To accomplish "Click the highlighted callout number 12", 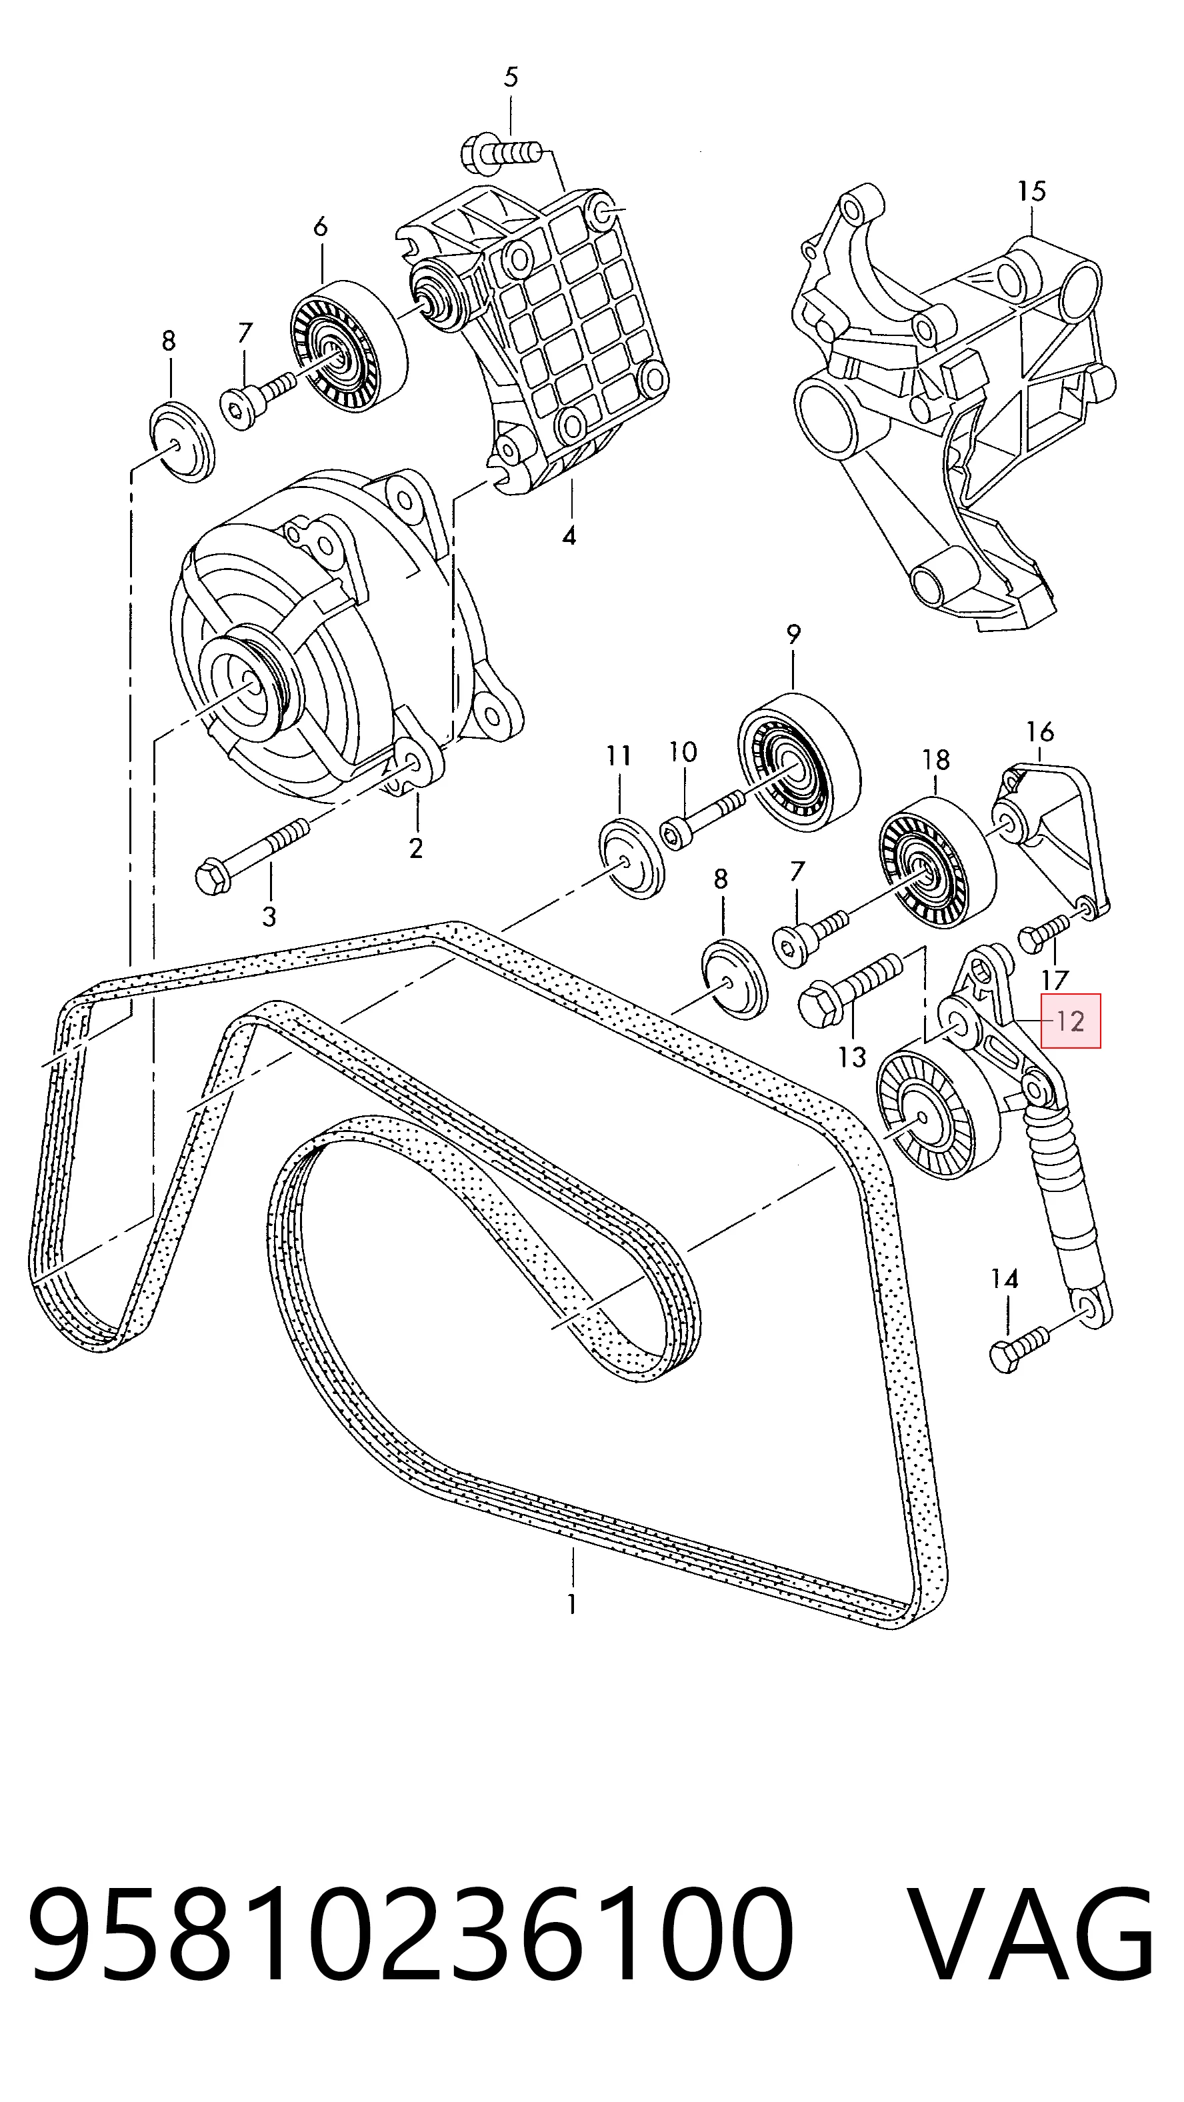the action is tap(1070, 1021).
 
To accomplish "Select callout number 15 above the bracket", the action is tap(1031, 192).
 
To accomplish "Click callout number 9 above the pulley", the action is tap(793, 634).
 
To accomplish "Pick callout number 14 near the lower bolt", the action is tap(1005, 1279).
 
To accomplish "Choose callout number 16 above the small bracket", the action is tap(1039, 731).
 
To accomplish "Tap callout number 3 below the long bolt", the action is tap(269, 917).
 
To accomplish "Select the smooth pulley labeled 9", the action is tap(799, 765).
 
